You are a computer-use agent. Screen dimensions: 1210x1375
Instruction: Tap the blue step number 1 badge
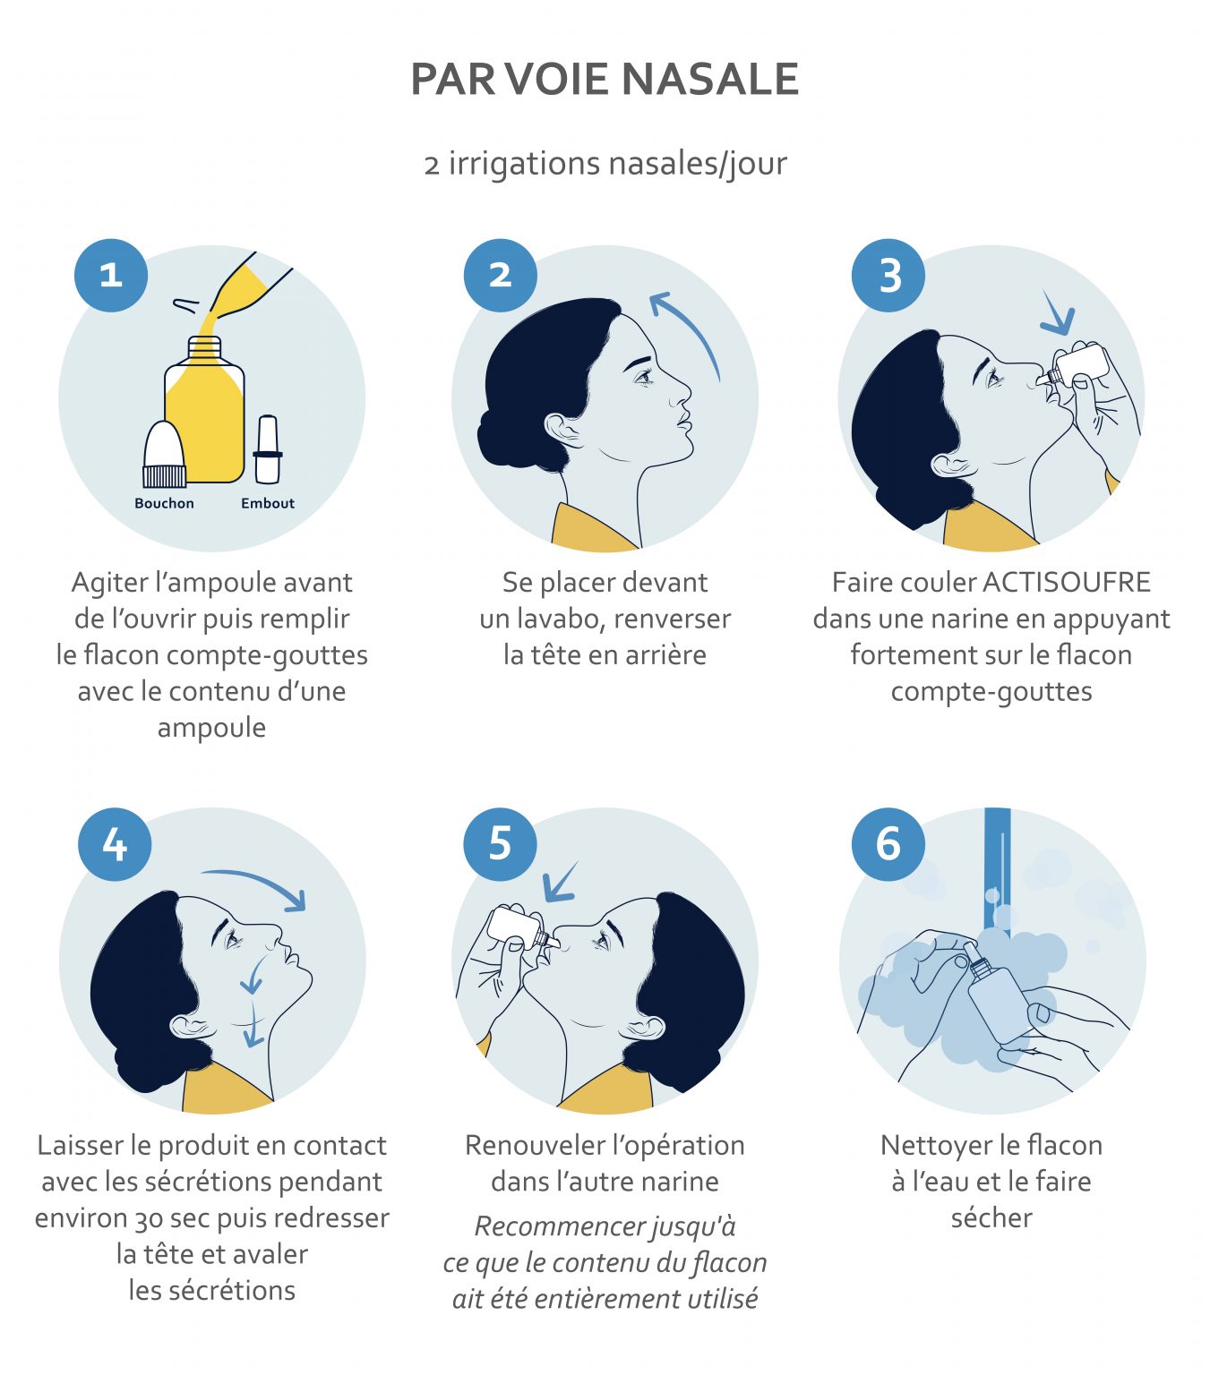[111, 276]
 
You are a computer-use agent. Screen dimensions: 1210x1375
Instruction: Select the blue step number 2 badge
[501, 276]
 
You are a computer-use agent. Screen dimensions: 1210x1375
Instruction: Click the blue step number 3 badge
[888, 276]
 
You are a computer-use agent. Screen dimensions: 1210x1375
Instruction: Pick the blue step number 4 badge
[115, 844]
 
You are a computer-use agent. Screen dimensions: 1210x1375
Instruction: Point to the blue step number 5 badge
[501, 844]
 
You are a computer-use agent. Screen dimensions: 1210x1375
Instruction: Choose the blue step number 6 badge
[888, 844]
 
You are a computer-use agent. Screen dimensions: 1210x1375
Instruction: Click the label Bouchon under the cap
[164, 503]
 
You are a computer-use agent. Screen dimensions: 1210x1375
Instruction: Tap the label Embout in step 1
[268, 503]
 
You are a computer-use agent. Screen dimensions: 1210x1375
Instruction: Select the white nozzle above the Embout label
[268, 449]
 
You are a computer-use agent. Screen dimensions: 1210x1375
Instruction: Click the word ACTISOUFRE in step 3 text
[1067, 582]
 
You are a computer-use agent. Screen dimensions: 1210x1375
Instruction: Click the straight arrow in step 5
[560, 883]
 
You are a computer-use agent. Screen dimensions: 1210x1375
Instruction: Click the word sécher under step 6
[991, 1217]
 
